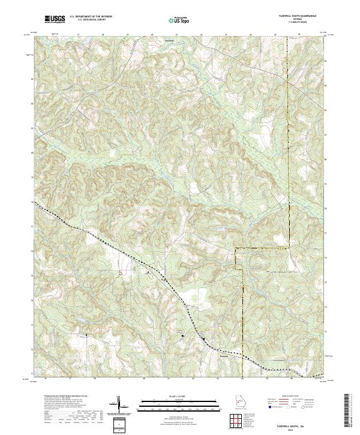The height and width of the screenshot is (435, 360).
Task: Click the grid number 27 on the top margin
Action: click(x=79, y=34)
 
